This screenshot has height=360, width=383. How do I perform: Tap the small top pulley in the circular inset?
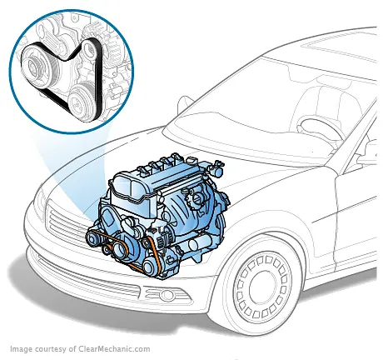coord(74,32)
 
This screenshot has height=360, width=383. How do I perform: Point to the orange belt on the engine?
coord(151,249)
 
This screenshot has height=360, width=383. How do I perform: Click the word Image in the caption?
coord(22,350)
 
